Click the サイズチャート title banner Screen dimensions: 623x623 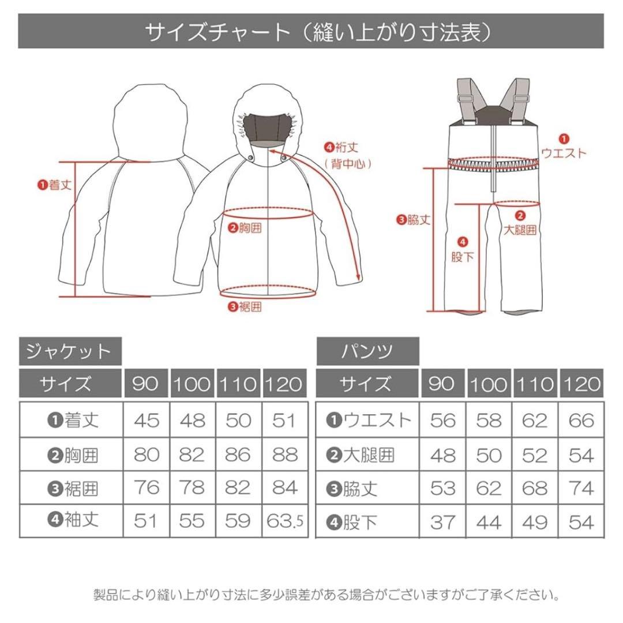pos(311,32)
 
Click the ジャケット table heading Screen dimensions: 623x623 pos(70,351)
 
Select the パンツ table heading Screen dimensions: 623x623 pos(367,351)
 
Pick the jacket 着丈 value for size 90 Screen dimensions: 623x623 pos(146,421)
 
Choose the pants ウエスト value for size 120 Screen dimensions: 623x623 pos(580,421)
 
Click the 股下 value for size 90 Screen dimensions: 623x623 pos(443,522)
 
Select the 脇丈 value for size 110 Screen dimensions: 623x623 pos(535,489)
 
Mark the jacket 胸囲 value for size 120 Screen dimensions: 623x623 pos(284,455)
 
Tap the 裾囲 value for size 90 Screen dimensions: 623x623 pos(146,488)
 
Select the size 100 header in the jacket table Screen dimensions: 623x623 pos(192,384)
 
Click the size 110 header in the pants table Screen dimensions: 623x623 pos(535,384)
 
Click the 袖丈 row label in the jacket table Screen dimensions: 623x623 pos(72,520)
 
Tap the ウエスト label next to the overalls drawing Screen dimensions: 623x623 pos(563,153)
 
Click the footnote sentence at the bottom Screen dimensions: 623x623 pos(326,594)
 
